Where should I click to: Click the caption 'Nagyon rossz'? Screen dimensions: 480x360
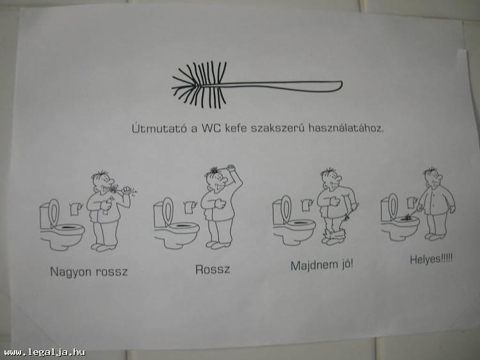[89, 272]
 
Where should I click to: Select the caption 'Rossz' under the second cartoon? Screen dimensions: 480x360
[212, 269]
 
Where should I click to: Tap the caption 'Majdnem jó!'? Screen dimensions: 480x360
[322, 265]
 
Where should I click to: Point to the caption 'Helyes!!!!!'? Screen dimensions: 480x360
[431, 259]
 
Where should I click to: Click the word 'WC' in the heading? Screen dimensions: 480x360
[211, 127]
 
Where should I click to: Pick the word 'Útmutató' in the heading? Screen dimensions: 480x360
[159, 128]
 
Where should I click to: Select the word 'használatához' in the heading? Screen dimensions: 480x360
[346, 127]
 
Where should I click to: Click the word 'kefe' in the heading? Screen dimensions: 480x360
[236, 127]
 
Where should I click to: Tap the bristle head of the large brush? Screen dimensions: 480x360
[200, 85]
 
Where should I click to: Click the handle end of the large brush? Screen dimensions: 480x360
[340, 86]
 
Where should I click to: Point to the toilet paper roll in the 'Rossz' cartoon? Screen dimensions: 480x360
[191, 207]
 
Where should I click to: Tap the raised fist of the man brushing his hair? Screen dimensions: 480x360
[231, 168]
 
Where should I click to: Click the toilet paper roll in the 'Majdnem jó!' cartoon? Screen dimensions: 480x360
[307, 204]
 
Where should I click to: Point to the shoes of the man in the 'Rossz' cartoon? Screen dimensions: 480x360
[219, 245]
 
